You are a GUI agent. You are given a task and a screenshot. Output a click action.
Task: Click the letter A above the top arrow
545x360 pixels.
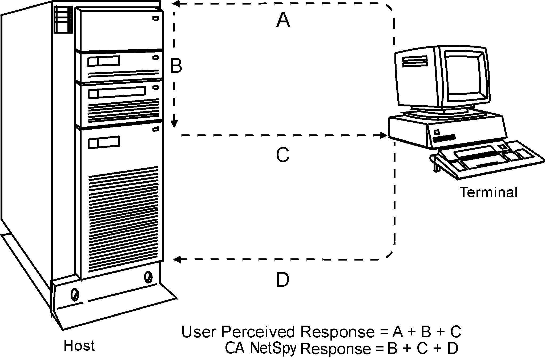pyautogui.click(x=283, y=21)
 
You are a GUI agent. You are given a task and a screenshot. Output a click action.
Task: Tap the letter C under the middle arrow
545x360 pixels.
pyautogui.click(x=282, y=155)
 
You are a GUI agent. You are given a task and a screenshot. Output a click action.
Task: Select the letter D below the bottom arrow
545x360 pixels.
pyautogui.click(x=282, y=280)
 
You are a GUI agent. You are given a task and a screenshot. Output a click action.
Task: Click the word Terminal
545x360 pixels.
pyautogui.click(x=489, y=192)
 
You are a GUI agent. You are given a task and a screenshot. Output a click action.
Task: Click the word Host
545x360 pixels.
pyautogui.click(x=79, y=346)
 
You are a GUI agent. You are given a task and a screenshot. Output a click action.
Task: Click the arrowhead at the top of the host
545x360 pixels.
pyautogui.click(x=176, y=3)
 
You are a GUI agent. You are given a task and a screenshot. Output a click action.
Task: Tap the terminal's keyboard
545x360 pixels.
pyautogui.click(x=488, y=160)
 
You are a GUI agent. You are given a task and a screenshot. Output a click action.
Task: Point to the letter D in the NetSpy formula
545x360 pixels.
pyautogui.click(x=452, y=348)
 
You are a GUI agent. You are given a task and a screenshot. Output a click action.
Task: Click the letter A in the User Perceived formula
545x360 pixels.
pyautogui.click(x=399, y=332)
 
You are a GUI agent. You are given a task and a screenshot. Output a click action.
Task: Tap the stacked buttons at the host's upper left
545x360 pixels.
pyautogui.click(x=63, y=20)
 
